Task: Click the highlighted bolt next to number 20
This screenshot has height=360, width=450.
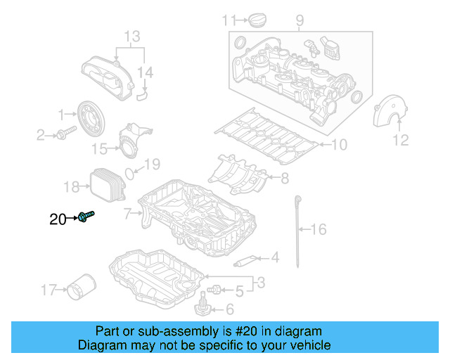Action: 87,217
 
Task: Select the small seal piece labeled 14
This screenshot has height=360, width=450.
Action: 143,89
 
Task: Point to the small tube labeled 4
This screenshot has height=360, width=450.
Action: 243,262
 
